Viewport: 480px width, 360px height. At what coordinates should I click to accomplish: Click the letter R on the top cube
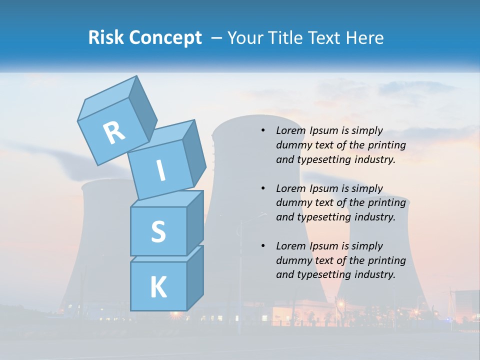point(114,132)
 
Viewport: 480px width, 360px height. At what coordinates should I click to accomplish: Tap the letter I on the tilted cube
point(160,170)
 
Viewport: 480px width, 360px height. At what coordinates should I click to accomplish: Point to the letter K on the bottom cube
point(158,287)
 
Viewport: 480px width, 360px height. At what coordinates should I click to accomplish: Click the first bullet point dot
point(262,130)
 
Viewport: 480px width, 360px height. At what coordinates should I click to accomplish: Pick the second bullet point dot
point(262,188)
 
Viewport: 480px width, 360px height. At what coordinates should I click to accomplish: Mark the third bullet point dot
point(262,246)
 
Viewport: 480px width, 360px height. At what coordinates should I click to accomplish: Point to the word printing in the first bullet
point(387,145)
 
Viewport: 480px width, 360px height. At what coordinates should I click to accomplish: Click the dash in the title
point(217,37)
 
